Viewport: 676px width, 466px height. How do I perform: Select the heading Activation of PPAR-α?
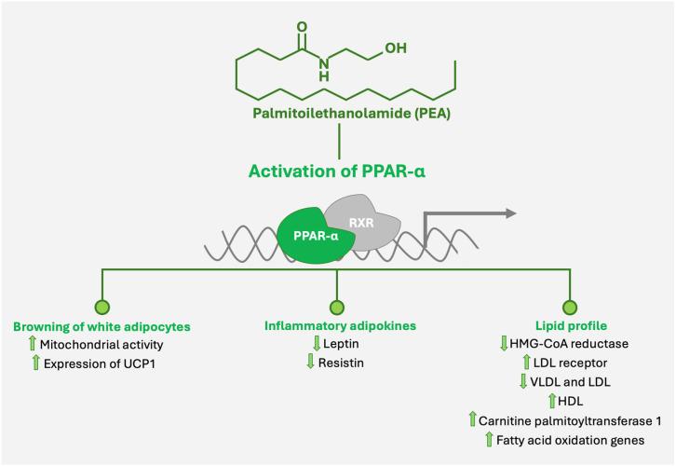(x=338, y=172)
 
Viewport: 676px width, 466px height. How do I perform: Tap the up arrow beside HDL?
(x=549, y=401)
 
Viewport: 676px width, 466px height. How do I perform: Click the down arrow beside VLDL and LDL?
(x=523, y=382)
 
